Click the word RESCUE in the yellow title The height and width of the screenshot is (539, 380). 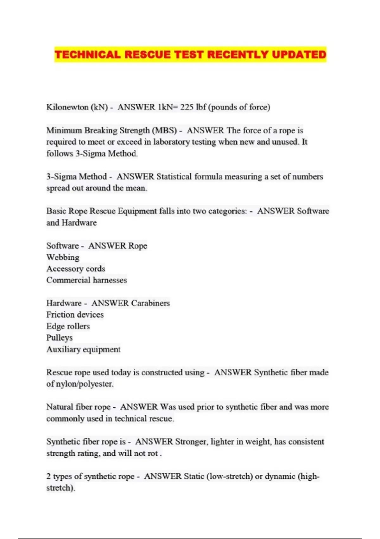point(147,55)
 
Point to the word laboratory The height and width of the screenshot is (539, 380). point(171,142)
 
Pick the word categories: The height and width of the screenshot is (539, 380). point(227,211)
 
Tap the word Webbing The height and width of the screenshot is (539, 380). point(63,257)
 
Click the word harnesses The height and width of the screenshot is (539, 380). point(110,280)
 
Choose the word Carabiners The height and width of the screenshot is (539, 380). point(150,303)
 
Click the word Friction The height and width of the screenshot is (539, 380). point(60,315)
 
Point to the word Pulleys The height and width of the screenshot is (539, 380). point(60,338)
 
